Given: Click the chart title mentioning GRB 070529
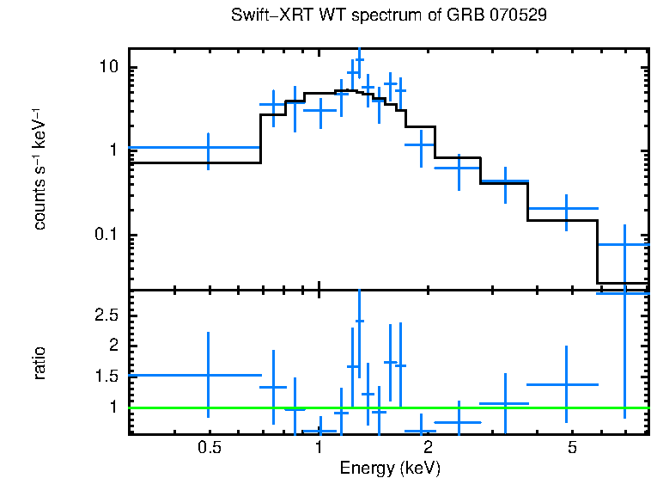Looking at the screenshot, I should (389, 15).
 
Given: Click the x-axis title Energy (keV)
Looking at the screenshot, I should (389, 468).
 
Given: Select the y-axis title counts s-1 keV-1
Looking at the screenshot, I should (40, 169).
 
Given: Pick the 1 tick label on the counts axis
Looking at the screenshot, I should (112, 151).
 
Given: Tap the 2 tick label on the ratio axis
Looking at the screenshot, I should (112, 346).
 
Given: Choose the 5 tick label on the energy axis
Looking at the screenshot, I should (571, 448).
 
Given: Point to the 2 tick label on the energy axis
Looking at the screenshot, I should (427, 448).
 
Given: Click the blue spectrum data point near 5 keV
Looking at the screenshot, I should (566, 208).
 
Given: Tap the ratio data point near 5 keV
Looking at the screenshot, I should (566, 384).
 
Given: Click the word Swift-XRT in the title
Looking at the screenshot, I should (263, 15).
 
